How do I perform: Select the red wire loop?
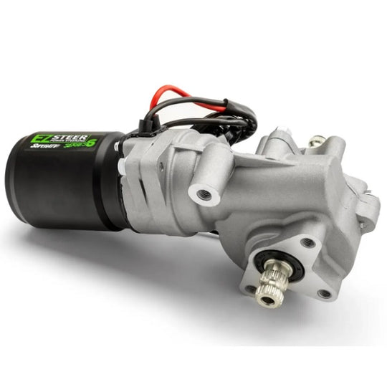click(168, 97)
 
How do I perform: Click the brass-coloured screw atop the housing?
click(314, 143)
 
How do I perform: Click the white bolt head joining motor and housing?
click(124, 166)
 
